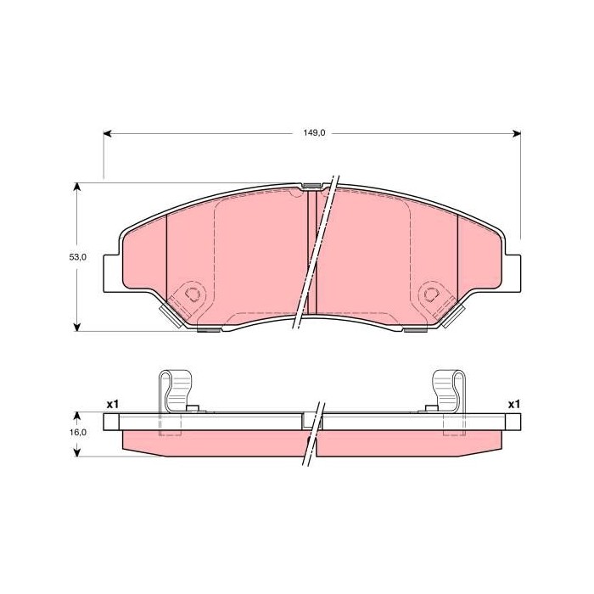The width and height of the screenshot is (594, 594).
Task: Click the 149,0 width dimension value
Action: [x=315, y=133]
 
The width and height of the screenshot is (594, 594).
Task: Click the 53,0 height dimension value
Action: [x=78, y=257]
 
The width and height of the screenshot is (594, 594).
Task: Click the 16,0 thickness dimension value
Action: [x=78, y=432]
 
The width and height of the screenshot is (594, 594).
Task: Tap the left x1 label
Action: [x=113, y=405]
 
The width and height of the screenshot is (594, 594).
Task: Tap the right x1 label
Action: [x=514, y=405]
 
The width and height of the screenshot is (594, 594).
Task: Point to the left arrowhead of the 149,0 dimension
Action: [x=108, y=133]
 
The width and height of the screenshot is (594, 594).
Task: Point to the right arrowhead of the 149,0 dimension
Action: [x=516, y=133]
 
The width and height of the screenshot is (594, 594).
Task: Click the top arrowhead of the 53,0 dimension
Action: [x=77, y=188]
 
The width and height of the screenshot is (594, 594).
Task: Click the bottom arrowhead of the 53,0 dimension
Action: [x=77, y=327]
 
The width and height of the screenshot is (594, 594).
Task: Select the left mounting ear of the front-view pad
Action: [x=113, y=273]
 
